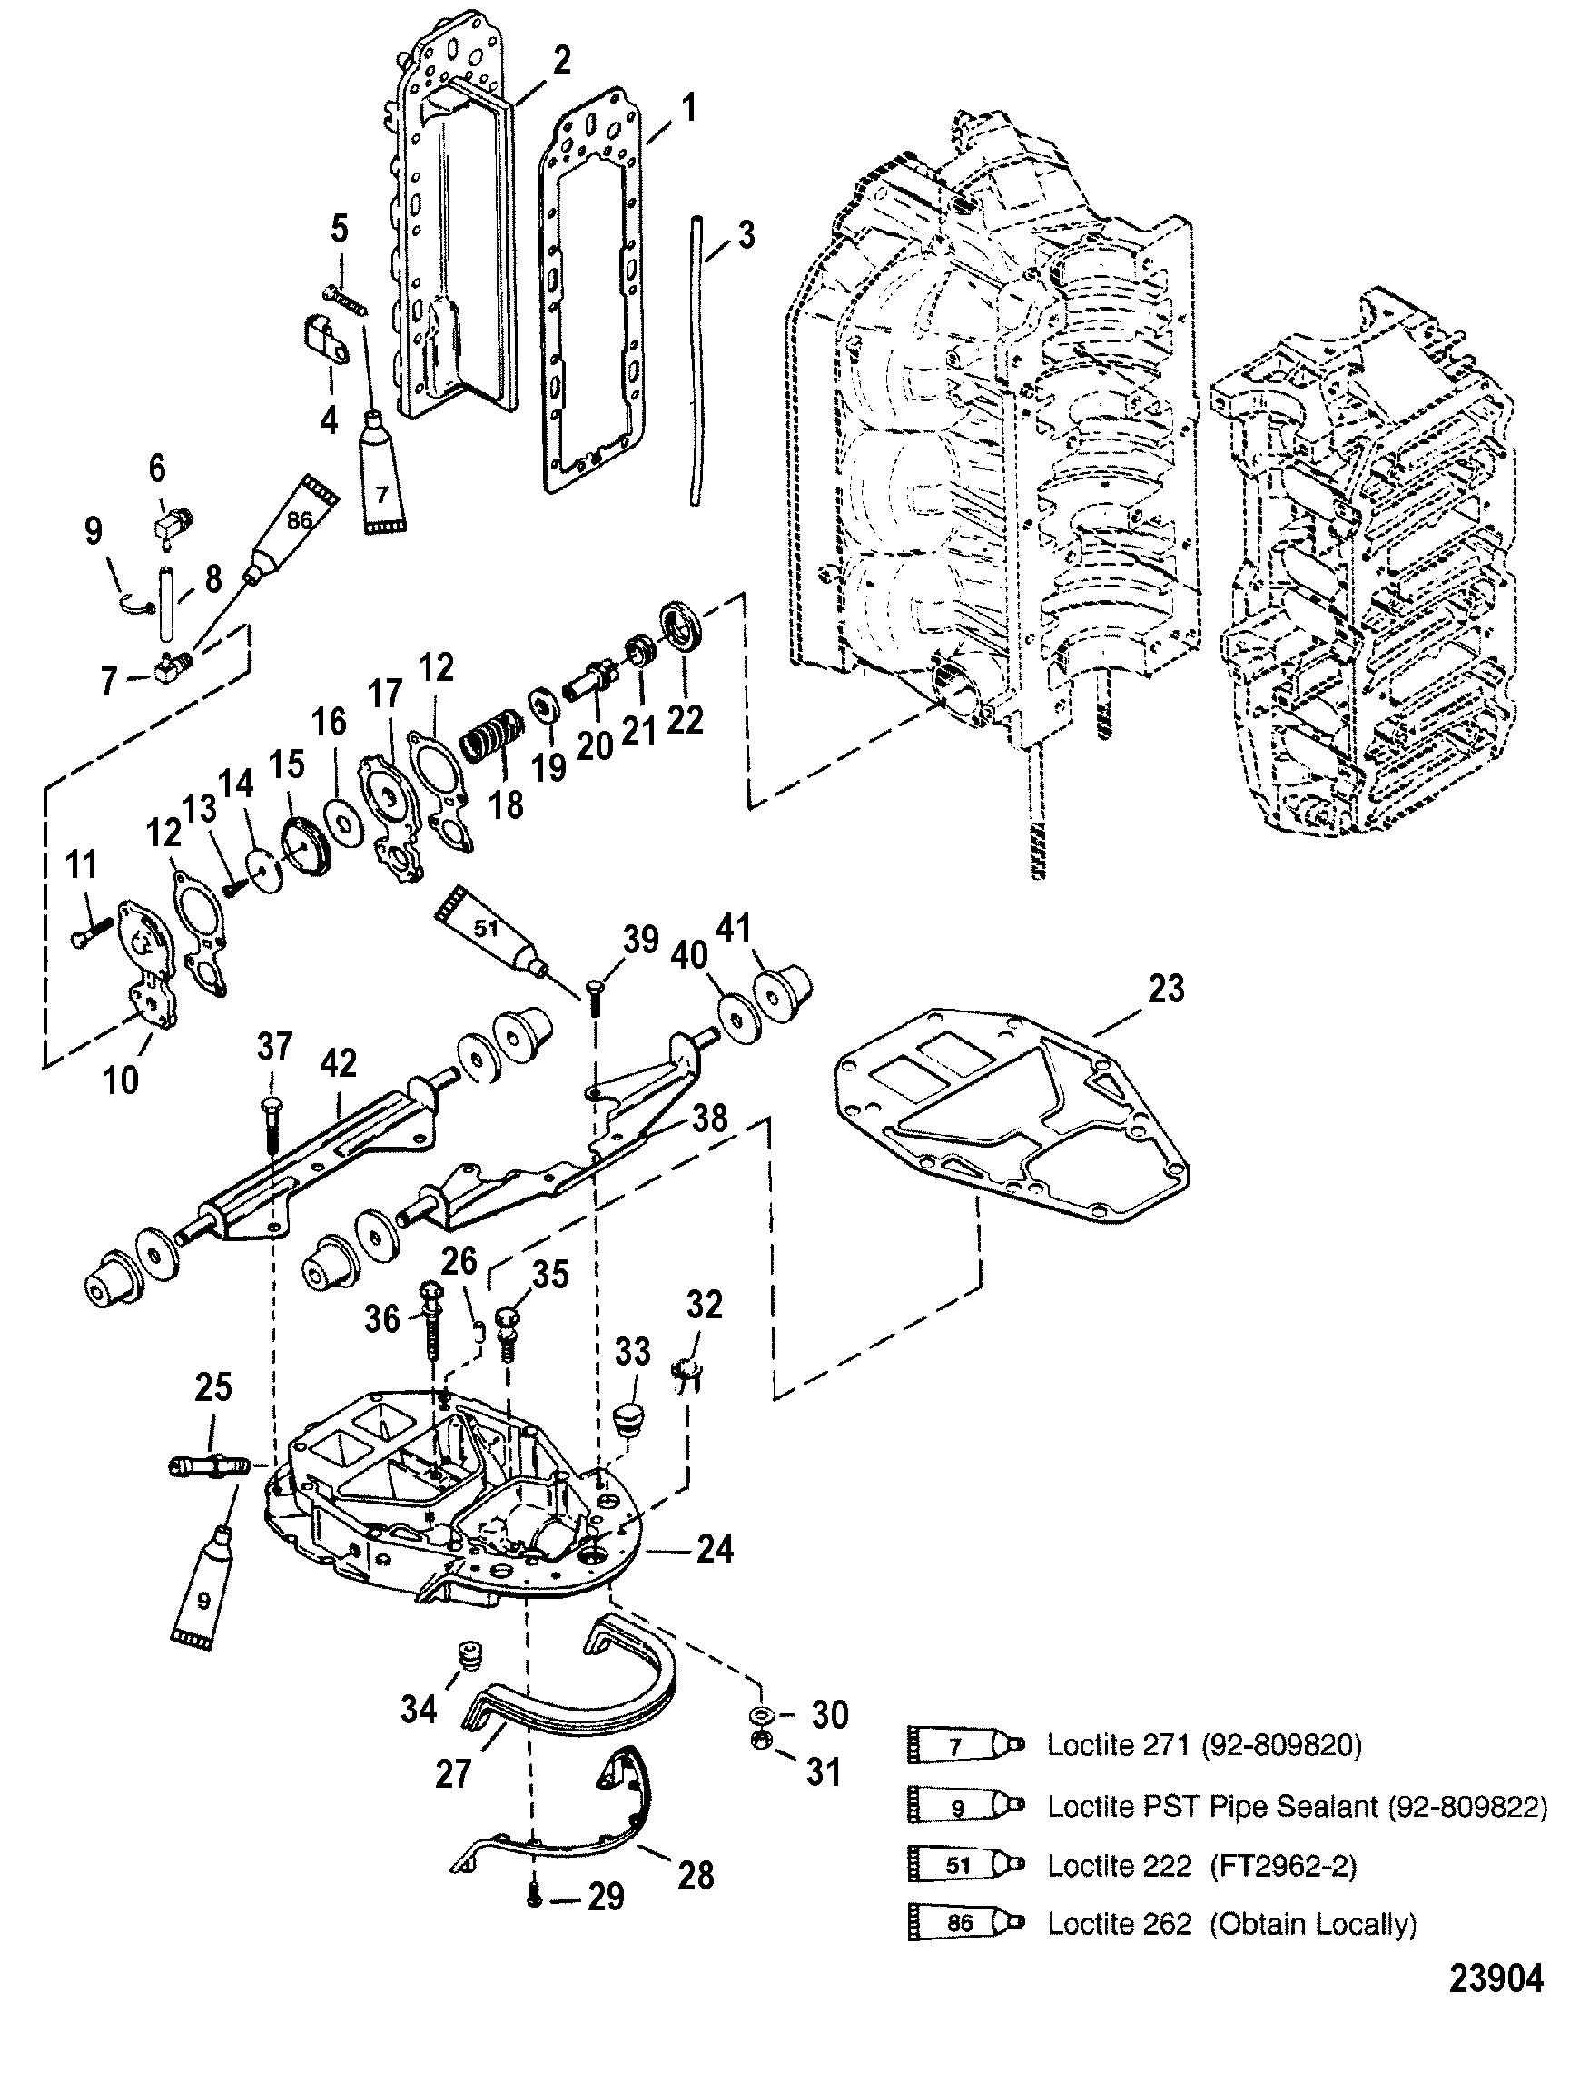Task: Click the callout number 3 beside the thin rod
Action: click(x=746, y=235)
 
